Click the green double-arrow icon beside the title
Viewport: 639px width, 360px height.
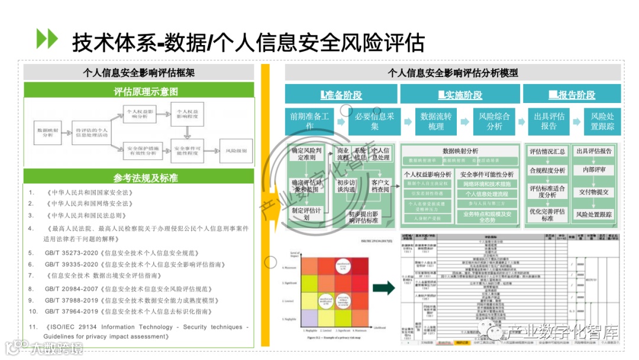click(x=47, y=38)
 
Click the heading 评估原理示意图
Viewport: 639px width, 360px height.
click(x=139, y=91)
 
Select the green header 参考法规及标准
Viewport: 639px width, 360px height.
click(x=139, y=178)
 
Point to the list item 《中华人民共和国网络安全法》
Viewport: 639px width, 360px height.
click(x=89, y=204)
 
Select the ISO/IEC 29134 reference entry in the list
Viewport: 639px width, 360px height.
click(x=142, y=332)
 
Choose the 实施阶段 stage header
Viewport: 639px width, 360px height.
click(x=460, y=95)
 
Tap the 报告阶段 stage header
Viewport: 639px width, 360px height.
click(x=572, y=95)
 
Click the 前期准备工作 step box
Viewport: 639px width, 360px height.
click(x=309, y=121)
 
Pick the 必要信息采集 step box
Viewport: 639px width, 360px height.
click(x=375, y=121)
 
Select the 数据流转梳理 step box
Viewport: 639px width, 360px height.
click(x=436, y=121)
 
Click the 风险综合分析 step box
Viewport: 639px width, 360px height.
click(x=494, y=121)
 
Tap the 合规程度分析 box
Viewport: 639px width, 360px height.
click(x=547, y=171)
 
